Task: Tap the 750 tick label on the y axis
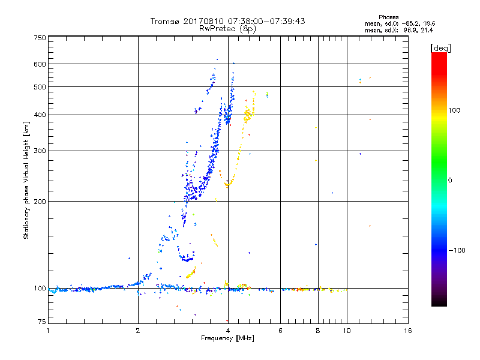(40, 38)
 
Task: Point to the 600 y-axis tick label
(40, 64)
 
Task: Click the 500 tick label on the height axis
(40, 87)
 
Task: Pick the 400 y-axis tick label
(40, 115)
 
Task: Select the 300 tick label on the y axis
(40, 151)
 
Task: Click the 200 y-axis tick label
(40, 202)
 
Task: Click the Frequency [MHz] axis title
(227, 338)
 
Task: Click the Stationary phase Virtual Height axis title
(26, 181)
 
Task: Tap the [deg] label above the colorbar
(440, 47)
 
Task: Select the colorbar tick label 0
(449, 180)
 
